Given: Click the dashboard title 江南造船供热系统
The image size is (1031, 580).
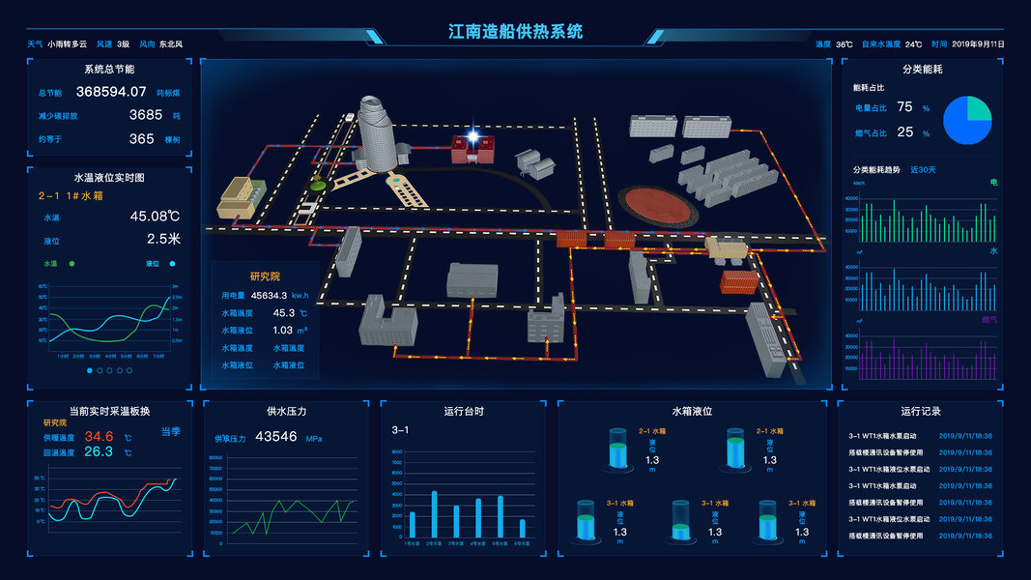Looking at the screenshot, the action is pos(515,31).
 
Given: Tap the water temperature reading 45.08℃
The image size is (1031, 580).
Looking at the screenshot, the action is pos(155,216).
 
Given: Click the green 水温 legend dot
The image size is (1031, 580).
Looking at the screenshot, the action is pos(72,263).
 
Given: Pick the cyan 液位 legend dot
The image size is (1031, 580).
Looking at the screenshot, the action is pos(173,263).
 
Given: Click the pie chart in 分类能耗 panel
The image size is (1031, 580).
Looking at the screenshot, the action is pos(967,120).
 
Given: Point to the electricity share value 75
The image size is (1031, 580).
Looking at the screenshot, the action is pos(904,106).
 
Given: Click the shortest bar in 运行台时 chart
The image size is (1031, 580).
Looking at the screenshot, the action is pos(523,528).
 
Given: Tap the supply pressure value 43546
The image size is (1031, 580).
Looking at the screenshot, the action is pos(275,436).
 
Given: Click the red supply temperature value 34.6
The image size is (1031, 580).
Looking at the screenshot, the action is pos(99,436).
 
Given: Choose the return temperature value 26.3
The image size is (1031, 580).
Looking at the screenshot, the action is pos(99,451).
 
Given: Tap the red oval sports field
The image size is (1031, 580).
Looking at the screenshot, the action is pos(659,204).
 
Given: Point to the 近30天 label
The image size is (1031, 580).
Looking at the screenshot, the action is pos(923,170).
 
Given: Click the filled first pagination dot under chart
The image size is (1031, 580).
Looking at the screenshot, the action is pos(90,370).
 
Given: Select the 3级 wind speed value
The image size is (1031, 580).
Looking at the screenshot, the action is pos(123,43).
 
